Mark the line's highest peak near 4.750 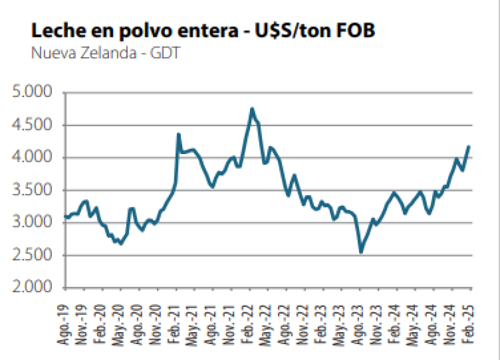coord(252,109)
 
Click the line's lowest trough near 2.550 coord(361,252)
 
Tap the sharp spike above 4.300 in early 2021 coord(179,134)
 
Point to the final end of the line coord(469,146)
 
